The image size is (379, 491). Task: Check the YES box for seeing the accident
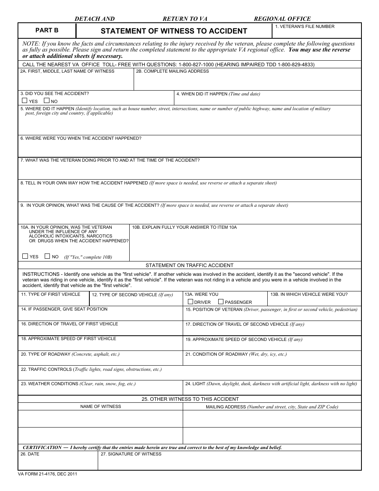tap(25, 101)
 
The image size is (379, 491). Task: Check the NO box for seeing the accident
tap(46, 101)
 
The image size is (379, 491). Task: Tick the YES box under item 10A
tap(25, 256)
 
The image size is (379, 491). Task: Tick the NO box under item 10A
tap(47, 256)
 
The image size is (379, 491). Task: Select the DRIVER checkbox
tap(190, 302)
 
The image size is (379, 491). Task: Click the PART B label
tap(47, 30)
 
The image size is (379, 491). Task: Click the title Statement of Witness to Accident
tap(174, 31)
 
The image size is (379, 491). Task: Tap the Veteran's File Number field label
tap(305, 26)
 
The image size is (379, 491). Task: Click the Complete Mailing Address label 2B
tap(172, 71)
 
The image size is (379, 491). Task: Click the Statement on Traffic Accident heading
tap(189, 265)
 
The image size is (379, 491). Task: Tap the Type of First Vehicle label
tap(51, 294)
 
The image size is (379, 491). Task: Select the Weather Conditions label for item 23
tap(49, 384)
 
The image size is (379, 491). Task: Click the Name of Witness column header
tap(101, 406)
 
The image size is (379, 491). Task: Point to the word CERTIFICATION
tap(42, 447)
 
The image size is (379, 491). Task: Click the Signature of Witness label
tap(131, 454)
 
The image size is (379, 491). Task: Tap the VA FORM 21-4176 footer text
tap(47, 474)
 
